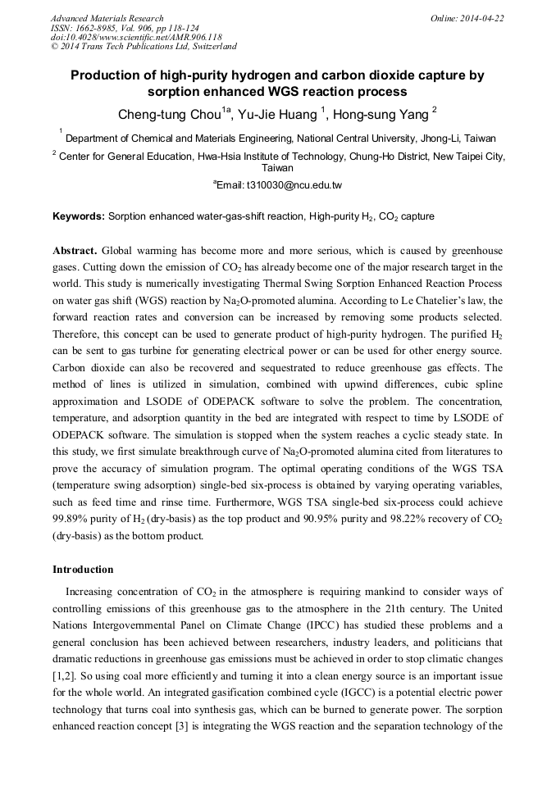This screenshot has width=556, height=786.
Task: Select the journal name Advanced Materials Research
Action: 107,18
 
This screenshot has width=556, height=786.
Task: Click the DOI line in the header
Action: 136,38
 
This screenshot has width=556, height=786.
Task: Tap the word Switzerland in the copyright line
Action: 211,48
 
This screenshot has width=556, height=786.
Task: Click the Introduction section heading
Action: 83,570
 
